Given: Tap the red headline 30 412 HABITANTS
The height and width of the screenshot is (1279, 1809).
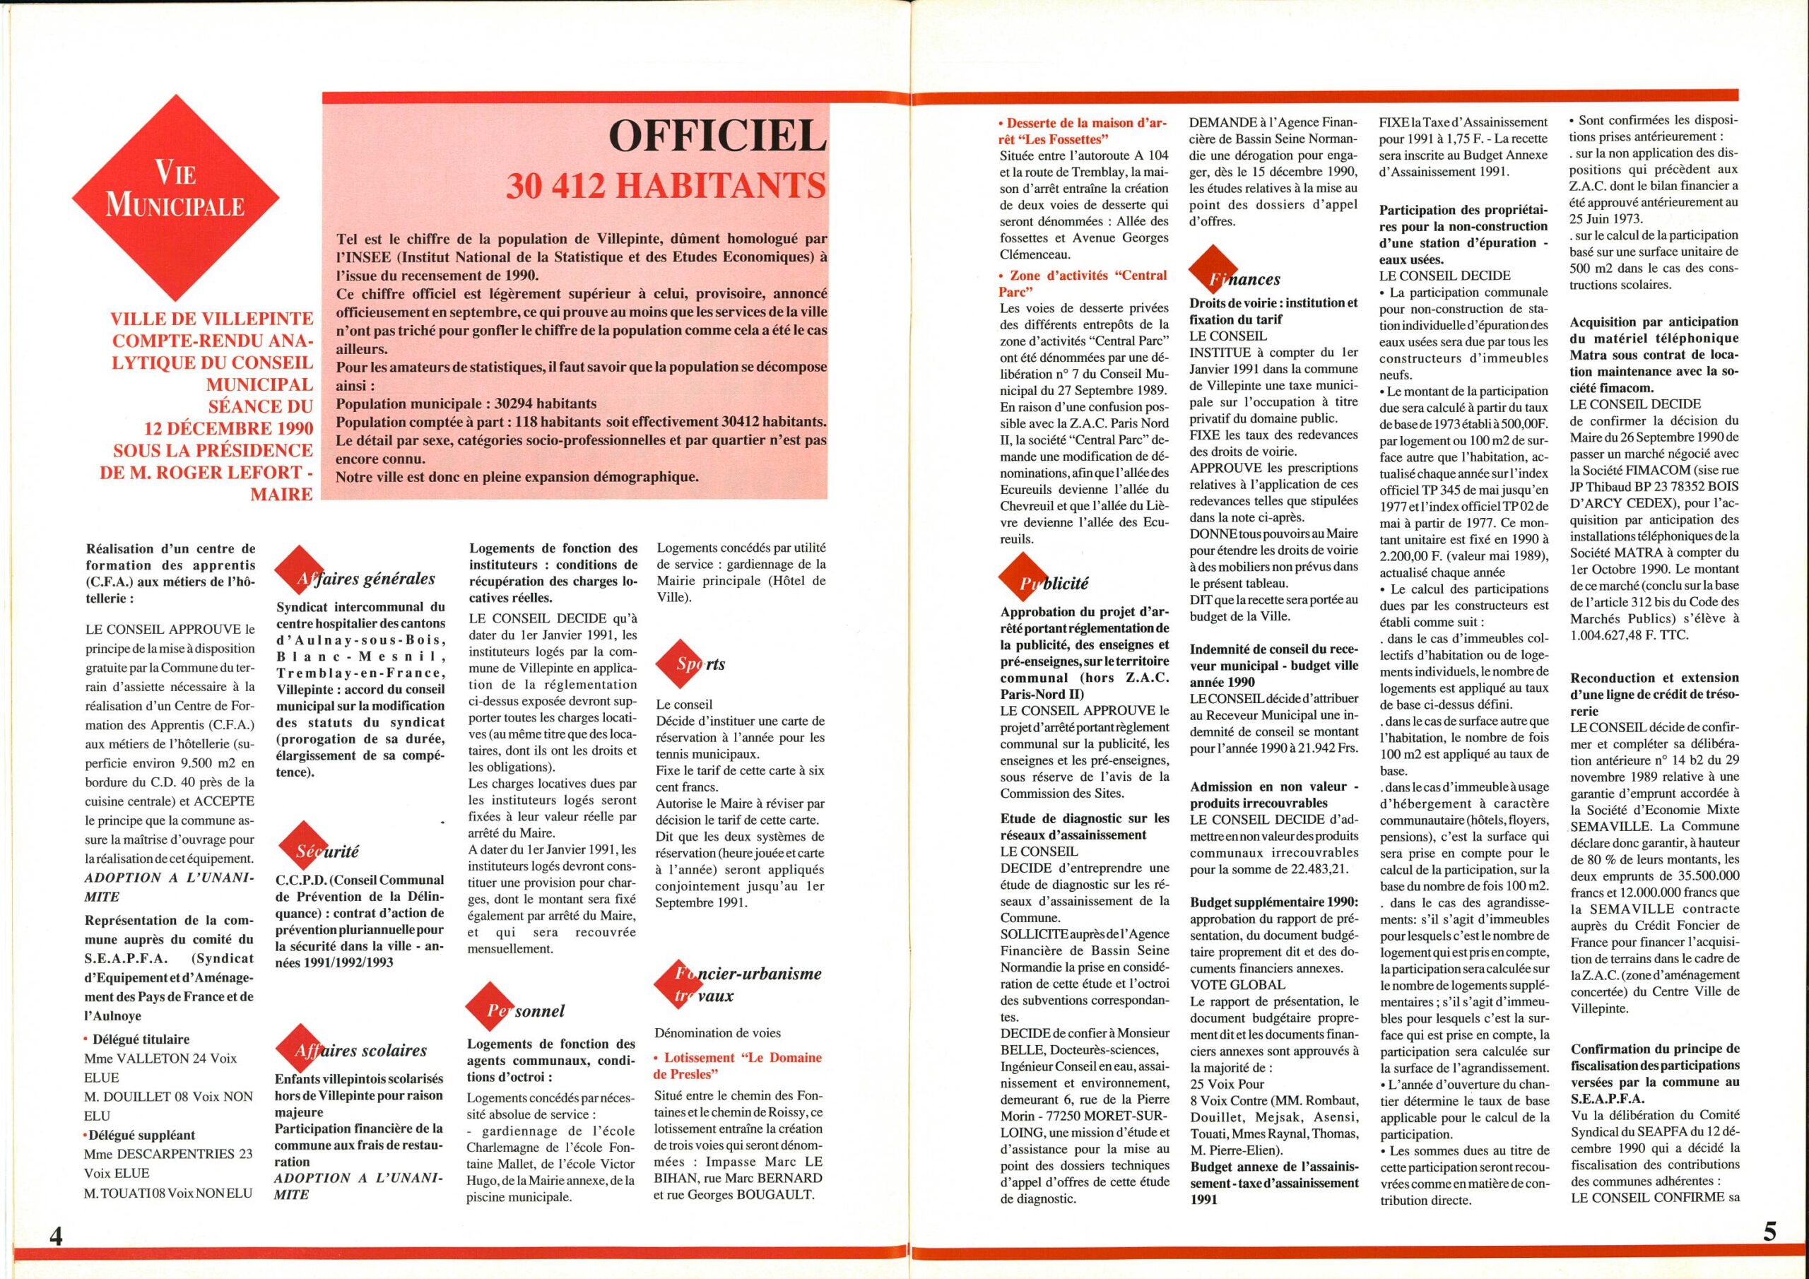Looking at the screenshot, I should pos(665,186).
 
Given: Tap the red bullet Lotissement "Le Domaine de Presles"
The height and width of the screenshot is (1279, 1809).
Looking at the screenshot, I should pos(738,1066).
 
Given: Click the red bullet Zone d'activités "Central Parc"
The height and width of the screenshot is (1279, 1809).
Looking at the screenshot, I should pos(1083,283).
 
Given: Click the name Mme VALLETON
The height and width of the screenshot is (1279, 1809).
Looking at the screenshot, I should pos(121,1059).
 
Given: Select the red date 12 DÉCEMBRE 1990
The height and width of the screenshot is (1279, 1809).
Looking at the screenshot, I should pos(228,428).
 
